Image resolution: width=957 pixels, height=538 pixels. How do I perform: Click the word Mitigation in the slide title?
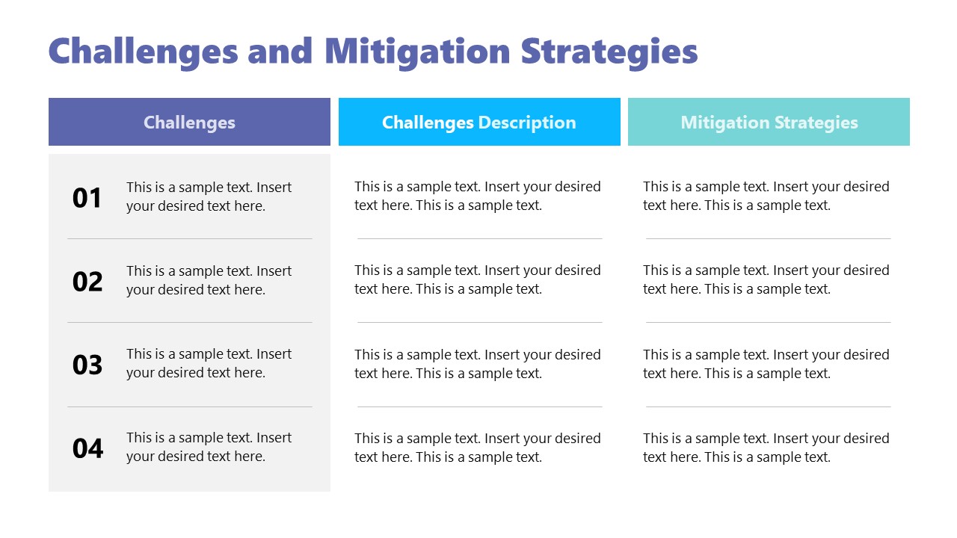coord(417,52)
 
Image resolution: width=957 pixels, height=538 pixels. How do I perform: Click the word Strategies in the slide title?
coord(609,52)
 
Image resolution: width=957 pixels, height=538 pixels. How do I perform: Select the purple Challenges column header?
coord(189,122)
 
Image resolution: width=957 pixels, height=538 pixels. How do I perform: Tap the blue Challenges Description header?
coord(479,122)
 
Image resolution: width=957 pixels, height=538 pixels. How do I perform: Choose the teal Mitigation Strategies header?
coord(769,122)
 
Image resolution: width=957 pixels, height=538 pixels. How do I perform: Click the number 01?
coord(87,198)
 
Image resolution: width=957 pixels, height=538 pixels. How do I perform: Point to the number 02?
coord(87,282)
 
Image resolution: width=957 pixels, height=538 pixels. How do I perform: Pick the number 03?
coord(87,365)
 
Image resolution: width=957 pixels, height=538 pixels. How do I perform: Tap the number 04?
coord(87,448)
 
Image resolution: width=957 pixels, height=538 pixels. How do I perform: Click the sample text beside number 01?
coord(209,197)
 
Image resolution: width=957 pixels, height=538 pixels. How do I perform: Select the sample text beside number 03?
coord(209,363)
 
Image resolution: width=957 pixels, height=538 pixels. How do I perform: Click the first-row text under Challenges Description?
coord(477,196)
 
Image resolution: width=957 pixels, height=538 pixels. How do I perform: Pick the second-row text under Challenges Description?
coord(477,279)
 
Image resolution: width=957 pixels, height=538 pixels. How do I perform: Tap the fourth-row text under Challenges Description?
coord(477,448)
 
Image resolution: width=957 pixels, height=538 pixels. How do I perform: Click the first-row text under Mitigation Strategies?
coord(766,196)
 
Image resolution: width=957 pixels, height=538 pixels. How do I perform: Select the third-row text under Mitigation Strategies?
coord(766,364)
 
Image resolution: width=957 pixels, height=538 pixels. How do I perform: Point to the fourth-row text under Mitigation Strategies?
coord(766,448)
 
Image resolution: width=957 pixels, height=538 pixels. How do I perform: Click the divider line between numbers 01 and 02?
coord(189,239)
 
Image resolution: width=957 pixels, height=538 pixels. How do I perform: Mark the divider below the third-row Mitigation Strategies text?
coord(768,406)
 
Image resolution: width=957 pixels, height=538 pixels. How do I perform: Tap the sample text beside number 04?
coord(209,447)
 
